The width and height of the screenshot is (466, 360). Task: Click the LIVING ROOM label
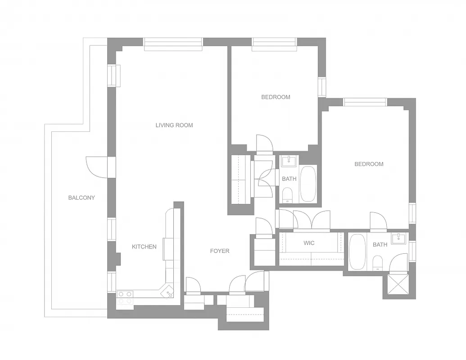click(174, 125)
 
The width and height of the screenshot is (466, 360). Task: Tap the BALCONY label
click(81, 198)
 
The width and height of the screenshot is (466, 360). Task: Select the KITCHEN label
click(144, 247)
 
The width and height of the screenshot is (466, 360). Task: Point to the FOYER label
click(220, 251)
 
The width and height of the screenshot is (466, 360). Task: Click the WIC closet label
click(309, 243)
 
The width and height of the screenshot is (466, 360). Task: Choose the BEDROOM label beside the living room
click(276, 97)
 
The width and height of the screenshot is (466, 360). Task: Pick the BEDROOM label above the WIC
click(369, 164)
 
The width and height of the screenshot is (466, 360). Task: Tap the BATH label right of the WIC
click(380, 245)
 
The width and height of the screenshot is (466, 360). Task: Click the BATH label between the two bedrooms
click(289, 179)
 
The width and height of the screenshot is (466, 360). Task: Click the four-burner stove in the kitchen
click(125, 297)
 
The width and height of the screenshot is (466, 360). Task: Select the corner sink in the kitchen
click(169, 292)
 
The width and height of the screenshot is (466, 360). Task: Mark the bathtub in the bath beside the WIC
click(357, 252)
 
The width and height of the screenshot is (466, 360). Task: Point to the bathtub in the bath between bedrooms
click(308, 184)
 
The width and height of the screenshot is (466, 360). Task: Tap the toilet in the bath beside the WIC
click(377, 262)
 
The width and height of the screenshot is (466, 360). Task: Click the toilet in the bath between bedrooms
click(287, 194)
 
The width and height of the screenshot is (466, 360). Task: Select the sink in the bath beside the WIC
click(398, 238)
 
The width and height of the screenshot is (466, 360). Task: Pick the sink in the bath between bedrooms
click(287, 161)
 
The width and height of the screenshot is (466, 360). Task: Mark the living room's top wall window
click(173, 44)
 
